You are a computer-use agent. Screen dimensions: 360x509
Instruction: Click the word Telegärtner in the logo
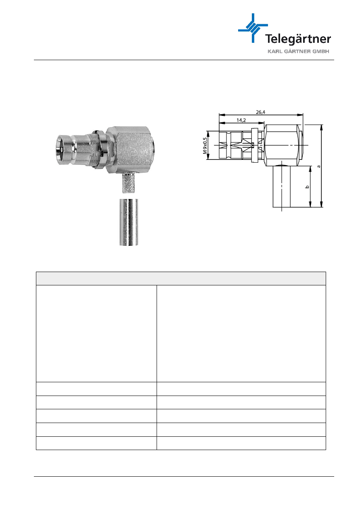coord(298,39)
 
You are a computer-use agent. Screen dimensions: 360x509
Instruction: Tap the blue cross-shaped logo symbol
coord(253,28)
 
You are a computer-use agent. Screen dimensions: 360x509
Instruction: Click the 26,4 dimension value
coord(261,112)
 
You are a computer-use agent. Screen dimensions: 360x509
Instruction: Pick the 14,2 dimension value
coord(241,120)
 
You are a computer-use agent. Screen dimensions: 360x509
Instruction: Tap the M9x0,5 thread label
coord(205,146)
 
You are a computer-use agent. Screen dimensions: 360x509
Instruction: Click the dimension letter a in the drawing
coord(319,166)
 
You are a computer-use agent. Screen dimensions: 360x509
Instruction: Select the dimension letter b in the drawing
coord(307,187)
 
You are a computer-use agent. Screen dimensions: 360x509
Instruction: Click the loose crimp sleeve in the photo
coord(129,222)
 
